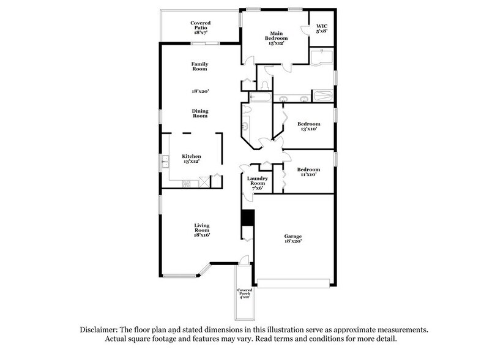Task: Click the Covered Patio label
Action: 199,26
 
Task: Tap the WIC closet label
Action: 321,29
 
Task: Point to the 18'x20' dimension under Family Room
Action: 199,91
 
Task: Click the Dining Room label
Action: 200,113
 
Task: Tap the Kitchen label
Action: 191,159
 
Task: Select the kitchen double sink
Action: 165,162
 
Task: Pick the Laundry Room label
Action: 257,183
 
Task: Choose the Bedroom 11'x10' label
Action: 308,172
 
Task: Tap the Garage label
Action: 292,238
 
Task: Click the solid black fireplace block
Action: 248,218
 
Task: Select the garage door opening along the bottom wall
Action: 295,283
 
